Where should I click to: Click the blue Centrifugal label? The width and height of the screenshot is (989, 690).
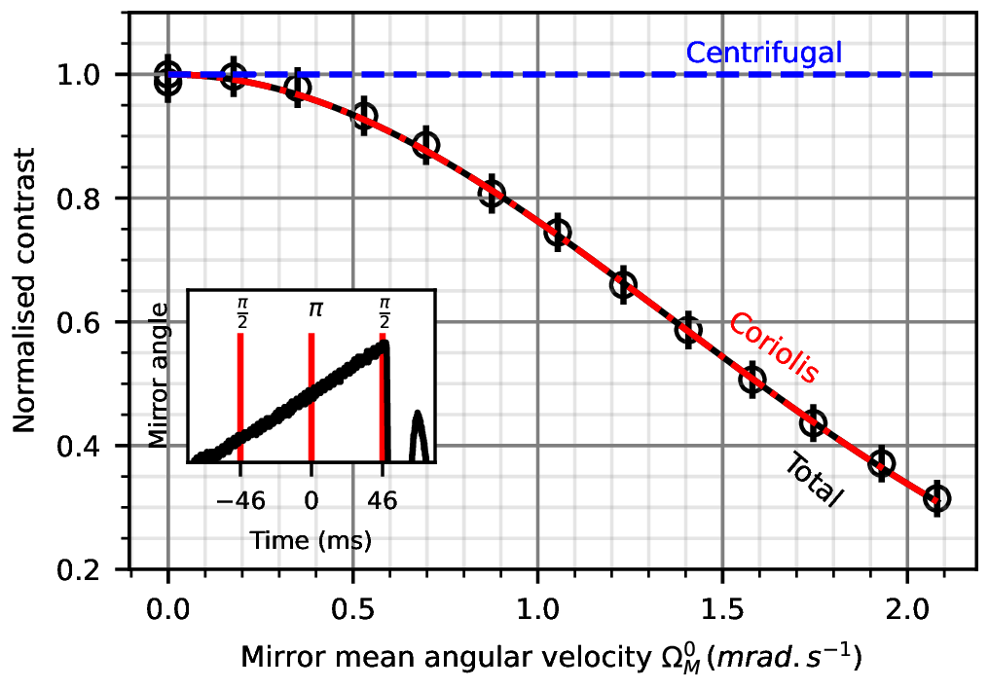click(x=763, y=52)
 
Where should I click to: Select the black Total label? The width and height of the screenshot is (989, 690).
click(x=814, y=480)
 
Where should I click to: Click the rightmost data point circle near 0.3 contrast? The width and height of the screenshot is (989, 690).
click(x=936, y=498)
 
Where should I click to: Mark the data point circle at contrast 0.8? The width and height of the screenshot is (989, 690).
click(x=493, y=193)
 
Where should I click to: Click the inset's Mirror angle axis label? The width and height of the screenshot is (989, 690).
click(x=164, y=375)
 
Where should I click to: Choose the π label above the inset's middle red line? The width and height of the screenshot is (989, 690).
click(x=311, y=310)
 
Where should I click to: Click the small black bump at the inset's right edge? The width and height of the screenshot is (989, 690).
click(x=418, y=435)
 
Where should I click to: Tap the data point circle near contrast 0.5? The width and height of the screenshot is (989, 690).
click(x=752, y=379)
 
